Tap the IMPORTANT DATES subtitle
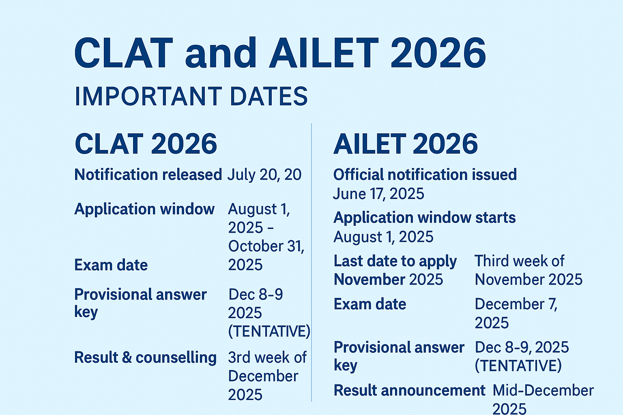pos(191,96)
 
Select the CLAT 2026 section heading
pos(146,144)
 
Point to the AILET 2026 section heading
pos(406,144)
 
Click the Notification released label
pos(148,175)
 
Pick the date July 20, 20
pos(264,175)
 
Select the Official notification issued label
pos(425,175)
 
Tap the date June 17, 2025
pos(378,194)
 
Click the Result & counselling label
pos(145,357)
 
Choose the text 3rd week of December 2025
pos(266,376)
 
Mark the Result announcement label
pos(409,390)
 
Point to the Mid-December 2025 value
pos(543,399)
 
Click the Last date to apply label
pos(395,261)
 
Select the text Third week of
pos(519,261)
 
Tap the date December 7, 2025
pos(516,313)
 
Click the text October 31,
pos(266,246)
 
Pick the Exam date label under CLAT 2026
pos(111,265)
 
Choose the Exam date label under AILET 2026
pos(370,304)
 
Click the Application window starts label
pos(425,218)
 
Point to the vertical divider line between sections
pos(311,263)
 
